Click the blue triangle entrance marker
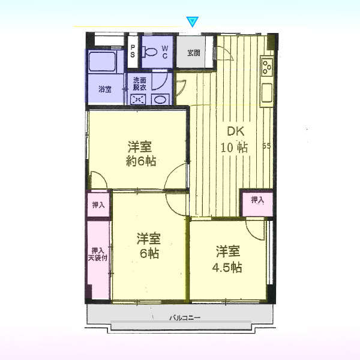tap(192, 22)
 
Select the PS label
tap(133, 51)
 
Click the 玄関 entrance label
tap(194, 53)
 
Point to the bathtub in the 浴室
tap(102, 62)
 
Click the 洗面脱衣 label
tap(140, 84)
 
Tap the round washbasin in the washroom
tap(160, 100)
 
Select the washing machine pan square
tap(138, 100)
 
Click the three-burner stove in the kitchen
tap(267, 67)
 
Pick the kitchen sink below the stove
tap(267, 93)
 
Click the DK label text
tap(236, 132)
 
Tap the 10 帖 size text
tap(234, 148)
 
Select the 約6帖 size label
tap(141, 161)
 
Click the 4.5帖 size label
tap(227, 268)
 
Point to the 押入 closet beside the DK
tap(257, 203)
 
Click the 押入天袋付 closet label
tap(98, 254)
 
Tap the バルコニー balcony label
tap(185, 318)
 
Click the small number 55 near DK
tap(266, 146)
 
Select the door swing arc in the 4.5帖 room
tap(254, 232)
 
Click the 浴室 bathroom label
tap(105, 89)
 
